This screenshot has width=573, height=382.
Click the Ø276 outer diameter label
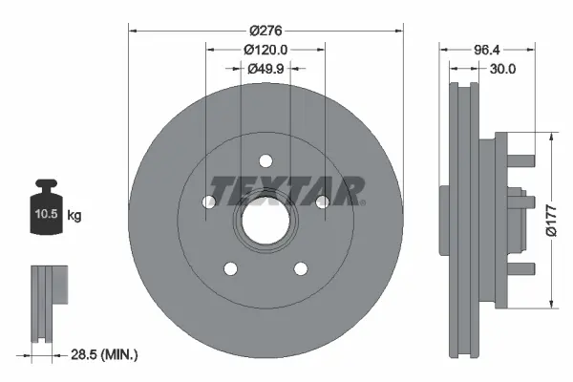pos(265,31)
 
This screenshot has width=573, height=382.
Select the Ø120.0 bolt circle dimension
pos(265,50)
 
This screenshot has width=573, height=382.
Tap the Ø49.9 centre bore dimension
pos(265,69)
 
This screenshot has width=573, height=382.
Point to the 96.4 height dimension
pos(487,50)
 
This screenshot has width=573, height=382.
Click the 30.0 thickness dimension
pos(502,69)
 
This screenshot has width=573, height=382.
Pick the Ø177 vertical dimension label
pos(551,221)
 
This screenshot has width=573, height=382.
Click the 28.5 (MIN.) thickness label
pos(104,354)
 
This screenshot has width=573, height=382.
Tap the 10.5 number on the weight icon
pos(47,214)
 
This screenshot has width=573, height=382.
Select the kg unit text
pos(74,216)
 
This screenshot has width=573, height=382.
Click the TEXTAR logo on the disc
pos(286,191)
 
